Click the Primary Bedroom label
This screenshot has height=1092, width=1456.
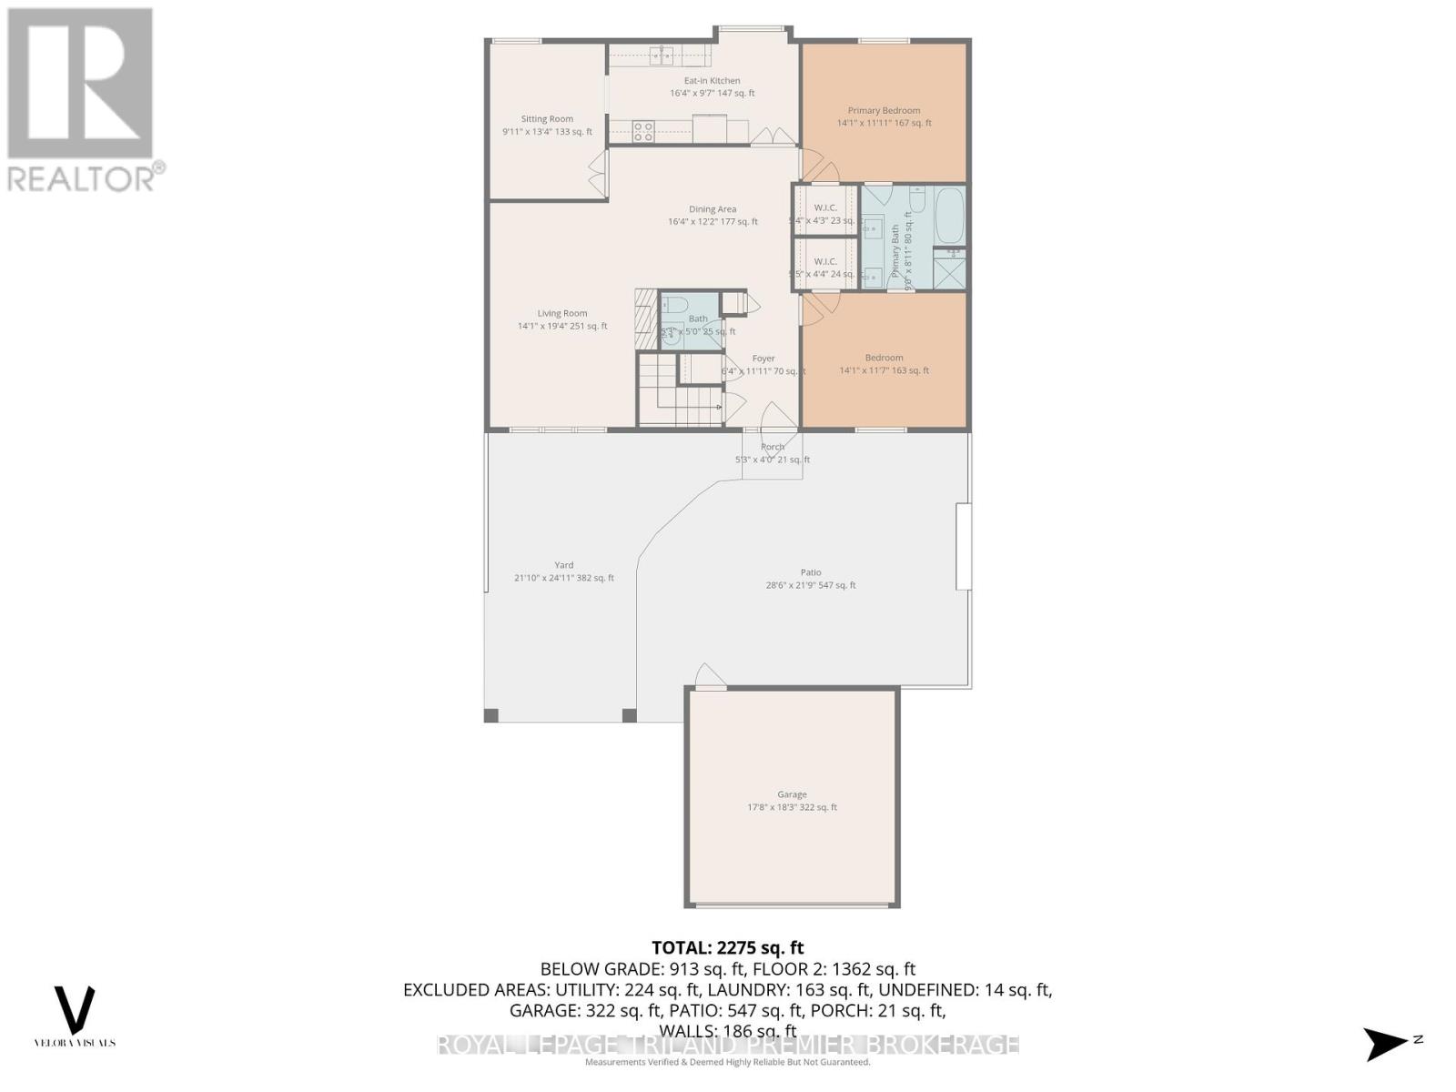884,111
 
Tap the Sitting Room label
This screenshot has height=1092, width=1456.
547,119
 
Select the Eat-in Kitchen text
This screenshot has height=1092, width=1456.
712,81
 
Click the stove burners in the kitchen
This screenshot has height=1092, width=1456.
643,132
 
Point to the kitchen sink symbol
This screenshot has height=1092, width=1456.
661,55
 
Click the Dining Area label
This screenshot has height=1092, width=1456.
713,209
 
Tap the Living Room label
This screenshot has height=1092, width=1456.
561,313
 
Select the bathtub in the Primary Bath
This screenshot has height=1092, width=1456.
949,214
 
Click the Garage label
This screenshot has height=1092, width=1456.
792,794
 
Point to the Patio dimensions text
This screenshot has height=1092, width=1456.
811,585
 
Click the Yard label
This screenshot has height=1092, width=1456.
564,565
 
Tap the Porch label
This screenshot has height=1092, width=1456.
773,447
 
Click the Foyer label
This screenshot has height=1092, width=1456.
763,359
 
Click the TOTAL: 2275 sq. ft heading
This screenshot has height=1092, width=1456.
728,948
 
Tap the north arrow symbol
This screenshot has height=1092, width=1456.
1387,1043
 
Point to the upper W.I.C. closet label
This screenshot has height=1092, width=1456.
825,207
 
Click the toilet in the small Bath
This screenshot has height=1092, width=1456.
676,305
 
